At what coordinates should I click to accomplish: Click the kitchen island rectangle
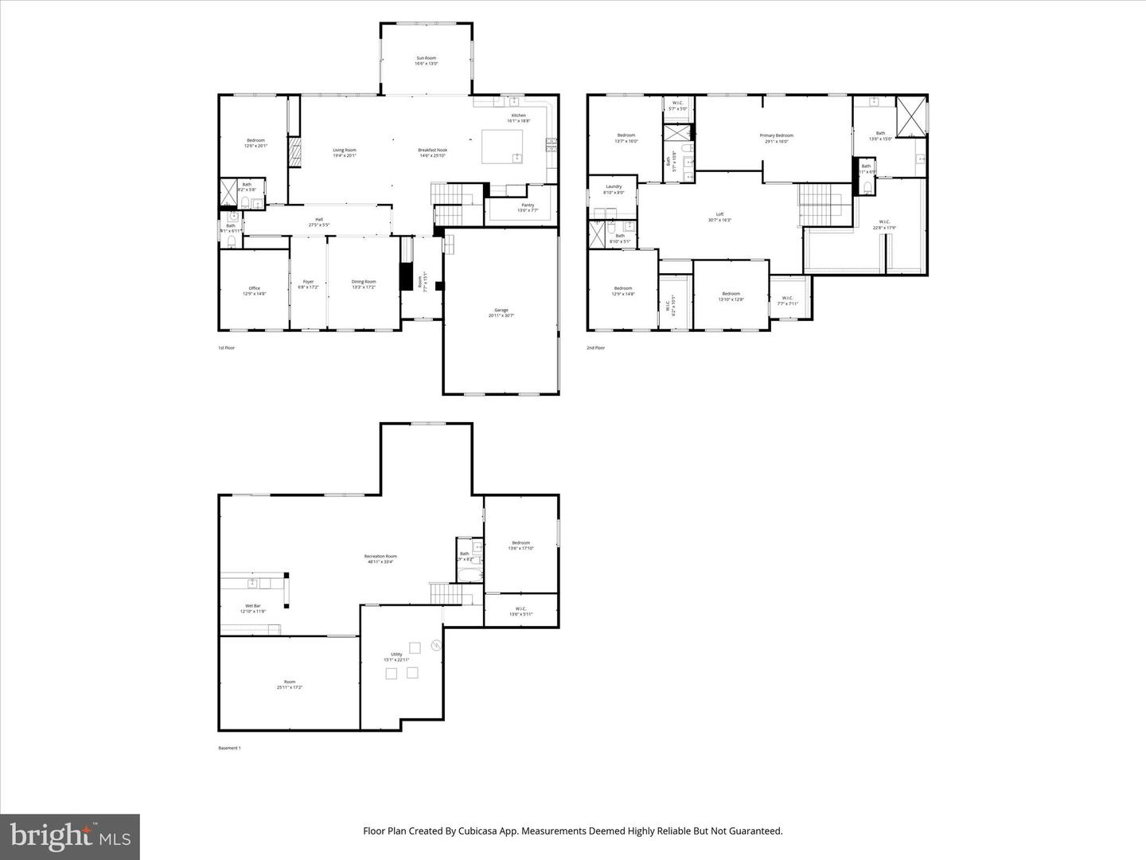coord(502,147)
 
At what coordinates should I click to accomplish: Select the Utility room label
coord(396,656)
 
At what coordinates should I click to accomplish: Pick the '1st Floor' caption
coord(226,348)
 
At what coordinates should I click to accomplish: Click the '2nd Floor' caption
coord(595,348)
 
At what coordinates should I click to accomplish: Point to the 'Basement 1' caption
coord(229,748)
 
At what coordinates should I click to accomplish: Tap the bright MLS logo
coord(70,836)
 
